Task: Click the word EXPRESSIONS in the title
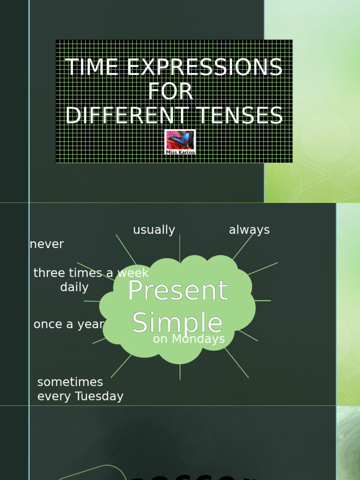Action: pyautogui.click(x=204, y=68)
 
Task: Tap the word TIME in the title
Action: pyautogui.click(x=92, y=68)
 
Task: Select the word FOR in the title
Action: pyautogui.click(x=171, y=92)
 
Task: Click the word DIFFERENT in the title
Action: pyautogui.click(x=120, y=116)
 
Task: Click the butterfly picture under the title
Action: pyautogui.click(x=180, y=140)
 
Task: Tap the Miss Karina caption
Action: pyautogui.click(x=180, y=152)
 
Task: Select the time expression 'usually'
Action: pyautogui.click(x=154, y=230)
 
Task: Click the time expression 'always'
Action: pyautogui.click(x=249, y=230)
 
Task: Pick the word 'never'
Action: pyautogui.click(x=47, y=244)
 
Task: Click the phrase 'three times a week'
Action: pyautogui.click(x=91, y=273)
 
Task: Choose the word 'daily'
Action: pyautogui.click(x=74, y=287)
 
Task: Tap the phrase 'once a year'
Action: pyautogui.click(x=69, y=324)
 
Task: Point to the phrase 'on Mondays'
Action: pyautogui.click(x=189, y=339)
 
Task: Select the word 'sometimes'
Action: pyautogui.click(x=70, y=382)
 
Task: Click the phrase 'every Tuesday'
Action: pyautogui.click(x=80, y=396)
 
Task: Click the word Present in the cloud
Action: pyautogui.click(x=178, y=291)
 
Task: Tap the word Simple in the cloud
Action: pyautogui.click(x=177, y=322)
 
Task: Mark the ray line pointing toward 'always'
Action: pyautogui.click(x=243, y=247)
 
